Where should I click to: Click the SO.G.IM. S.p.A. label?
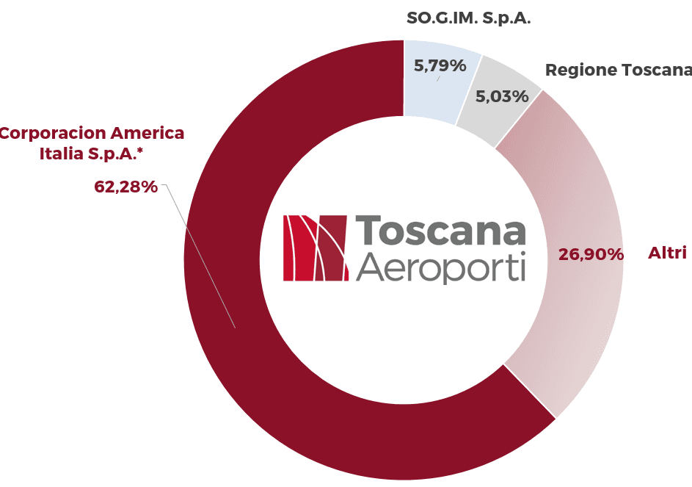(x=468, y=18)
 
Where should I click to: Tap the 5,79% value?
(x=440, y=66)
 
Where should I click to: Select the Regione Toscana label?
(x=619, y=70)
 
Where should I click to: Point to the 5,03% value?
(x=502, y=96)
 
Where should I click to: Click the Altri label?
(x=667, y=253)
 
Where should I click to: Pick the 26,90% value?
(x=591, y=254)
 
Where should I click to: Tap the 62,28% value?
(x=125, y=187)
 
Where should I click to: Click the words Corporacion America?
(x=92, y=133)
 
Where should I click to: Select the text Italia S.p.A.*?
(x=91, y=154)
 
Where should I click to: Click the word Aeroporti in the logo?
(x=440, y=267)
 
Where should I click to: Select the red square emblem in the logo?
(x=315, y=248)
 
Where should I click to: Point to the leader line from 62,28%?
(x=200, y=256)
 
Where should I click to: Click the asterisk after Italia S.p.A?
(x=140, y=151)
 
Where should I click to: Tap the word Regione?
(x=580, y=71)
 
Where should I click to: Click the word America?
(x=147, y=133)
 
